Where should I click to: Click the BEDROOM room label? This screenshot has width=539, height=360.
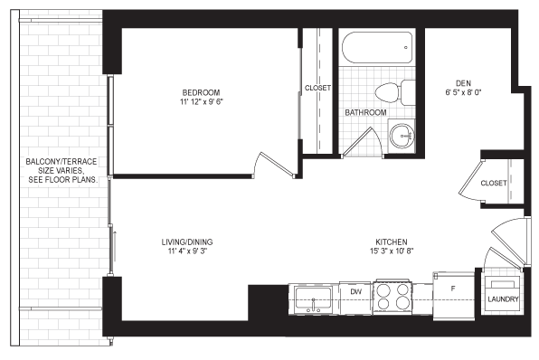pos(201,92)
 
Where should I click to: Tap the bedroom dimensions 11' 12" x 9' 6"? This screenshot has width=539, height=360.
pos(201,102)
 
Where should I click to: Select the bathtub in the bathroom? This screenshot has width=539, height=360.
pos(377,47)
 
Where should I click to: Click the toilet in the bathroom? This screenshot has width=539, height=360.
pos(395,92)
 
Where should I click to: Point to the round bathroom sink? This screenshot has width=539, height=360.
pos(402,135)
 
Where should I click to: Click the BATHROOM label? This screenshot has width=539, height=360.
pos(365,112)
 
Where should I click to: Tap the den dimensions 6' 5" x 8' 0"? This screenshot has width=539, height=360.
pos(463,92)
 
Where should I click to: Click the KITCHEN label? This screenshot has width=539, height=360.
pos(392,242)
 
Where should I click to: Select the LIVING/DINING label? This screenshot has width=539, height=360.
pos(187,242)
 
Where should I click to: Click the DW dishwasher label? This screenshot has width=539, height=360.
pos(356,292)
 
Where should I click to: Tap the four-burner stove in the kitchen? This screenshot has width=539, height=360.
pos(392,297)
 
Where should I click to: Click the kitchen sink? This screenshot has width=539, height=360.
pos(313,299)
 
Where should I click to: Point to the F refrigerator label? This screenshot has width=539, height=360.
pos(453,289)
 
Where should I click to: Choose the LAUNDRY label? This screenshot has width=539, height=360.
pos(503,299)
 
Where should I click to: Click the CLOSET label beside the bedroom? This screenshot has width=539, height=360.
pos(318,88)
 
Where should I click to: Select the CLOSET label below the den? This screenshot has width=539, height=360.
pos(494,183)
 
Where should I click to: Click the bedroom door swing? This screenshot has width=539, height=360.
pos(274,166)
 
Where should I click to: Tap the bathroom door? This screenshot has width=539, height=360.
pos(357,142)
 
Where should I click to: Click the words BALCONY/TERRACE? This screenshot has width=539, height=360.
pos(61,162)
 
